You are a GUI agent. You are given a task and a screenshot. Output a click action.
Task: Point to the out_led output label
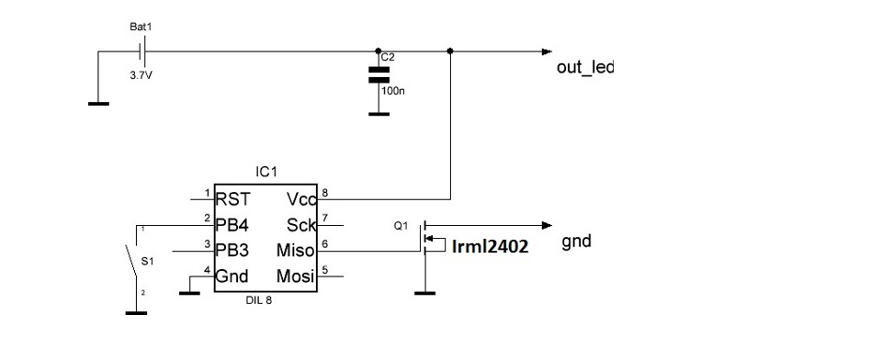pos(584,69)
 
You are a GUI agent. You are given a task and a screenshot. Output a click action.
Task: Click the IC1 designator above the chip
pos(266,172)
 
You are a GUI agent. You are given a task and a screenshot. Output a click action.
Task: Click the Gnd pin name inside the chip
pos(233,276)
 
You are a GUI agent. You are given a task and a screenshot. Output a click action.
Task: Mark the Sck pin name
pos(300,223)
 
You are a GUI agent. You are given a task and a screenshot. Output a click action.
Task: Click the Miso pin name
pos(295,250)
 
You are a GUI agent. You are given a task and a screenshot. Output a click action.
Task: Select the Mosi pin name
pos(295,276)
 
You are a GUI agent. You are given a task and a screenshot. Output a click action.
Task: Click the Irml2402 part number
pos(491,246)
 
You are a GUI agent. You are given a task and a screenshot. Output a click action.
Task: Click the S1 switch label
pos(159,261)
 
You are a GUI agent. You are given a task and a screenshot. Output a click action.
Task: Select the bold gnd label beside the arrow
pos(576,242)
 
